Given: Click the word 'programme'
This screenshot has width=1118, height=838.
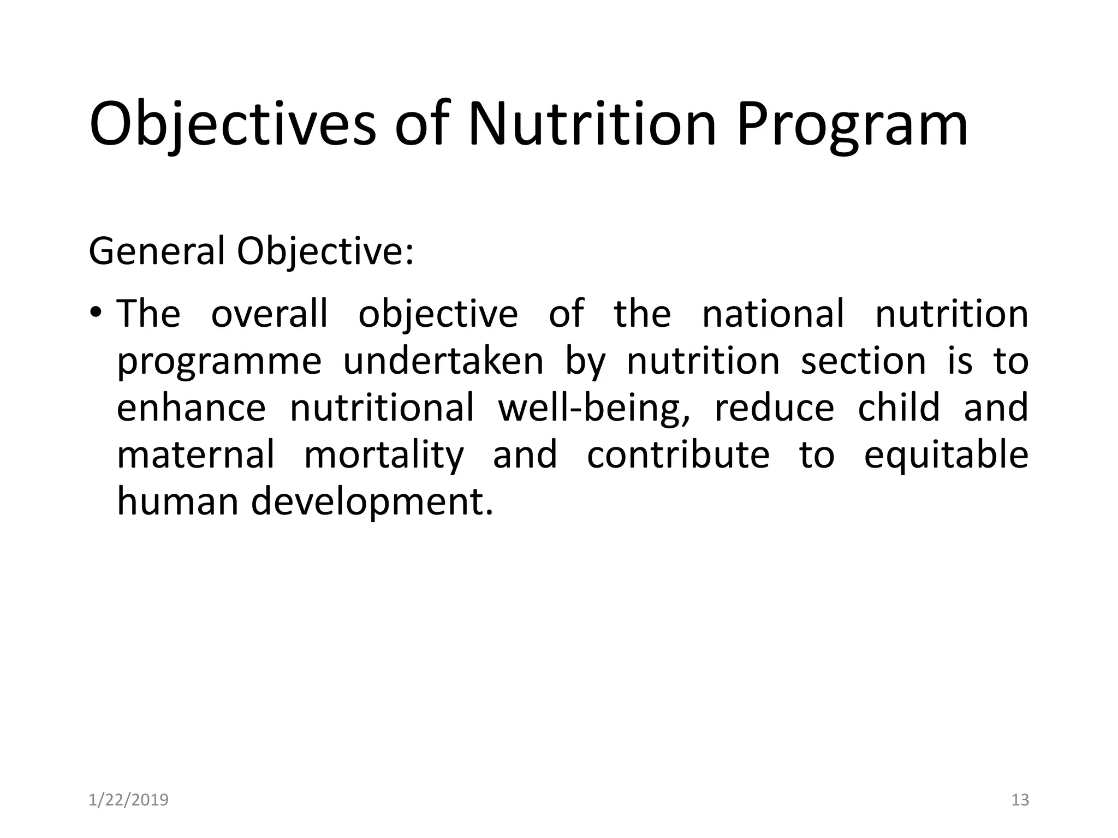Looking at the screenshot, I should (x=219, y=362).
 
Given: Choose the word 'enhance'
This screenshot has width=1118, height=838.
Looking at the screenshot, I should (x=191, y=408).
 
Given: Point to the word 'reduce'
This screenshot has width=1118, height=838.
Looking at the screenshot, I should (x=774, y=408).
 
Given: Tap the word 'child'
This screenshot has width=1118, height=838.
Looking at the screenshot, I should (x=899, y=408).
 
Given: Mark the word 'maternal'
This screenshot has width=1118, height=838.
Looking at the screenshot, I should (x=196, y=455).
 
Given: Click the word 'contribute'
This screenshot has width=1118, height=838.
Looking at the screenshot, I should (x=678, y=455).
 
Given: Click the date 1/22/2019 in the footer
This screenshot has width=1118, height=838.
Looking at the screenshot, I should (x=128, y=800).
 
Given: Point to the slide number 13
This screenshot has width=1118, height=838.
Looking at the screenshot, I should (x=1020, y=800).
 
